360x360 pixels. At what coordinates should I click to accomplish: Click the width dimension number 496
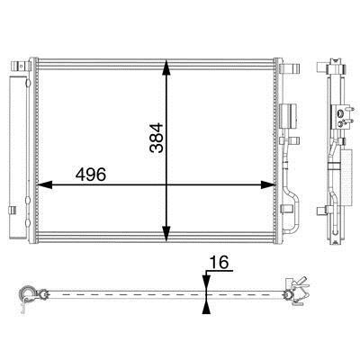point(91,175)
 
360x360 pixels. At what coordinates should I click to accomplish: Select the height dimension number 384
point(157,138)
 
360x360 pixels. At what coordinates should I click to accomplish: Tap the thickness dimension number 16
point(219,262)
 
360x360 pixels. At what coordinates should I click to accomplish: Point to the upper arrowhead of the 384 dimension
point(166,67)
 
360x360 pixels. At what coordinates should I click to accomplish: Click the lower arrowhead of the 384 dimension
point(166,234)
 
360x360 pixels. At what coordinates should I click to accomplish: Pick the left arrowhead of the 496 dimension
point(44,184)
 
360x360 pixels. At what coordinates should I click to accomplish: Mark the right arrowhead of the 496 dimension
point(268,184)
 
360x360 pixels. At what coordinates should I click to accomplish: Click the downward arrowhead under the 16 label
point(206,283)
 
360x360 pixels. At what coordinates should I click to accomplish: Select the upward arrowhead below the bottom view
point(206,306)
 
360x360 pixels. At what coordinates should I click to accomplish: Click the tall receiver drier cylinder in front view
point(18,157)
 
